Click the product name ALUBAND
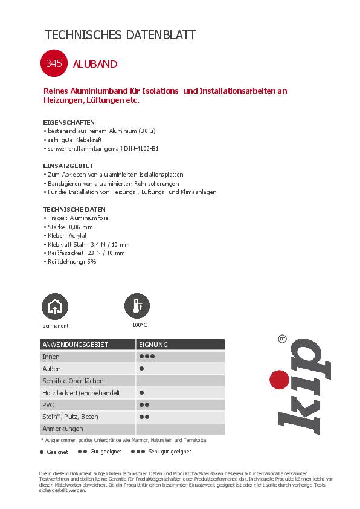coord(95,63)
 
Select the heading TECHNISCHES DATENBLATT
coord(120,35)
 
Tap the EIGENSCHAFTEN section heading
coord(69,122)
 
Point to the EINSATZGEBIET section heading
coord(68,166)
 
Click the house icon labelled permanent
coord(55,306)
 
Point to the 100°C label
coord(140,325)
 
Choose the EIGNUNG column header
coord(153,345)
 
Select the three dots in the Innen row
coord(147,357)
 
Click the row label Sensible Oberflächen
coord(72,381)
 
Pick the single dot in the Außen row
coord(141,369)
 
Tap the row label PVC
coord(48,404)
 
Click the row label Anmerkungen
coord(62,429)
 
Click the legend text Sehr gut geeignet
coord(170,452)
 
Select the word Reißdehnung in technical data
coord(62,262)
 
